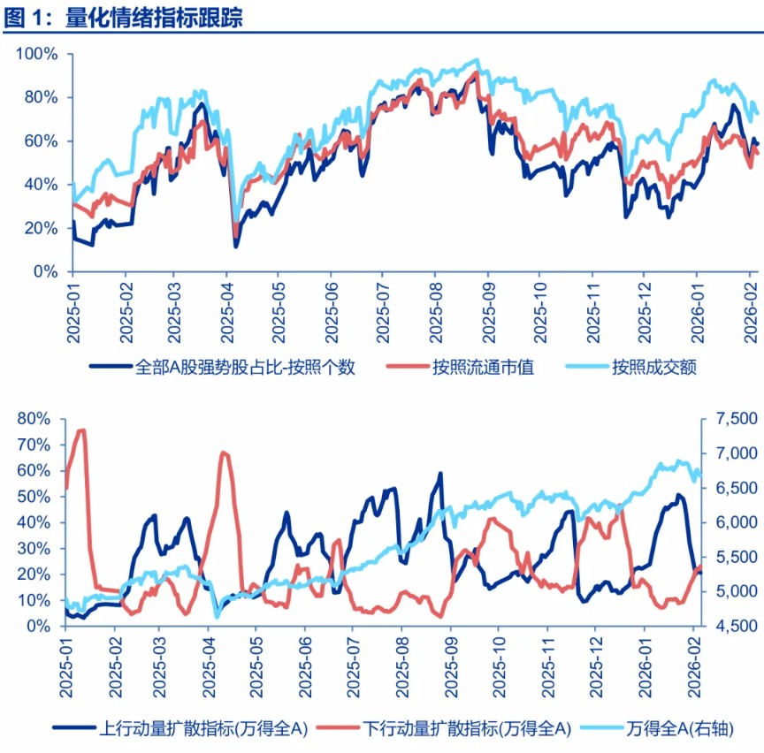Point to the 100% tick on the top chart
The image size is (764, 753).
pos(37,54)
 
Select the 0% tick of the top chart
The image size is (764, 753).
pos(45,272)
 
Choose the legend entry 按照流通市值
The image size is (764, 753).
pos(483,367)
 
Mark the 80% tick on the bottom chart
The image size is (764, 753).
pos(34,418)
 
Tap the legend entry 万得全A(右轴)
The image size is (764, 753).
pos(680,728)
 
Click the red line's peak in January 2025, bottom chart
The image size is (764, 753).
pos(81,430)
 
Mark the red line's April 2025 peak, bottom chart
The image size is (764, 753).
pos(223,453)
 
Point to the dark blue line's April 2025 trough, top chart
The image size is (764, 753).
pos(235,246)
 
